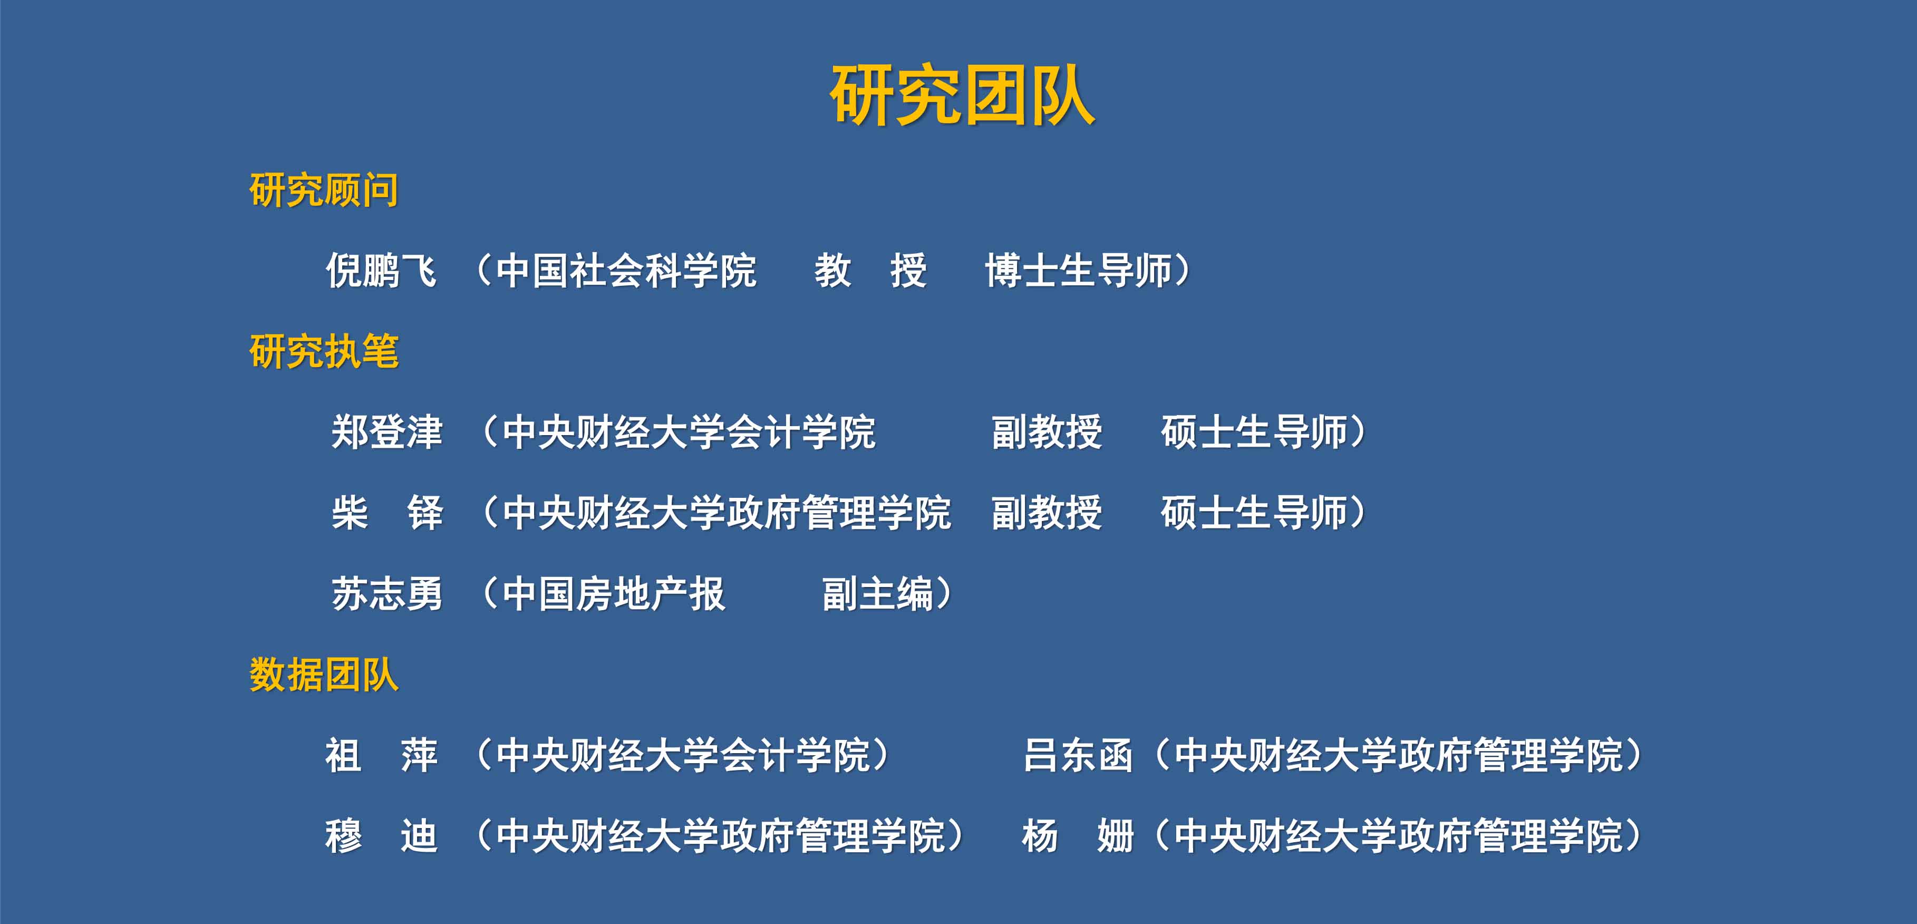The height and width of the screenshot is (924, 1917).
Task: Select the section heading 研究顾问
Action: (x=324, y=190)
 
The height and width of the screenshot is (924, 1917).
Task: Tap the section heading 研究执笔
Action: (x=324, y=351)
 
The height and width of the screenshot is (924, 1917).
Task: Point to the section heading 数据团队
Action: (x=324, y=675)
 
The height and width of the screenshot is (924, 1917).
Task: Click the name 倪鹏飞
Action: (x=382, y=270)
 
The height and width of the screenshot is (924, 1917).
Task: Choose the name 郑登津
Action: (x=387, y=432)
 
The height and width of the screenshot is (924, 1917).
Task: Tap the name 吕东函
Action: (x=1078, y=755)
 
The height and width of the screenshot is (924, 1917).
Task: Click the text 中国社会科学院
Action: (x=626, y=270)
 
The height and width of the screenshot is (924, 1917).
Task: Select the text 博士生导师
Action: (x=1078, y=270)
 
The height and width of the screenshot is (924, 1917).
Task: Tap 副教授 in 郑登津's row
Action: (x=1047, y=432)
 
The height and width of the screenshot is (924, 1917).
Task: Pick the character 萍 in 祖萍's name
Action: (x=419, y=755)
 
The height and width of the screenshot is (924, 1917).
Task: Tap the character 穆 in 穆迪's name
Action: (x=344, y=835)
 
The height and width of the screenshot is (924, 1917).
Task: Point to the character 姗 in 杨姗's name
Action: (x=1115, y=835)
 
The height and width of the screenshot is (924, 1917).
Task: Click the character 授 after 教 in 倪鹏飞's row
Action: (x=908, y=270)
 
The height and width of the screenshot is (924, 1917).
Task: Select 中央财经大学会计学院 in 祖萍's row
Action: (x=682, y=755)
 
